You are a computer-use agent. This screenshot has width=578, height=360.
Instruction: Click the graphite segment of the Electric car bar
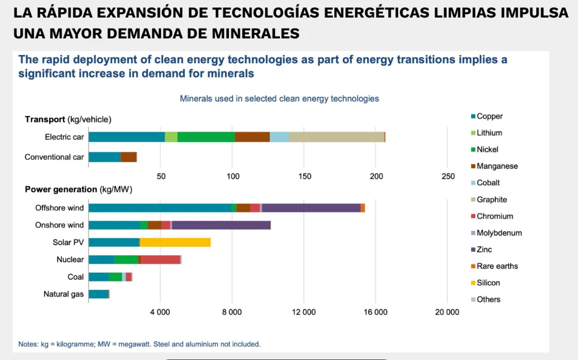337,137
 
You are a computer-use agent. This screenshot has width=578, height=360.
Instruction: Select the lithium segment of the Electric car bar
171,137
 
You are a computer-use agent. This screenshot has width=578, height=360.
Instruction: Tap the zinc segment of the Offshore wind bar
311,208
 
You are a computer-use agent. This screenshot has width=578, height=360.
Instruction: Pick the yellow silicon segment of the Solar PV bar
175,242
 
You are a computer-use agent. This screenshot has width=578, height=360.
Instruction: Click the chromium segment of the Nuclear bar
161,259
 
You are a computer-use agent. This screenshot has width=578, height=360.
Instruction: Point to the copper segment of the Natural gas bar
98,294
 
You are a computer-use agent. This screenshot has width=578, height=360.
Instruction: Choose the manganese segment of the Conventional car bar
128,157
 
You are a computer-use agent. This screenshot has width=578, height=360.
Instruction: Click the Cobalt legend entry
488,183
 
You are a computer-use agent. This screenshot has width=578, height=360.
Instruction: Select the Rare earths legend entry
497,266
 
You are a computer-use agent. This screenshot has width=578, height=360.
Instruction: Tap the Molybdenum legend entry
499,233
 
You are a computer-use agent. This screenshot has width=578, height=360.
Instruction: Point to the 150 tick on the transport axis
304,176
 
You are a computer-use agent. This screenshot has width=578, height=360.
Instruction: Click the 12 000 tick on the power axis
304,312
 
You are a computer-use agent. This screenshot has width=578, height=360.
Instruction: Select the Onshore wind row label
59,225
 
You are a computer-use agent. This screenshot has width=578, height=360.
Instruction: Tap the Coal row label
75,277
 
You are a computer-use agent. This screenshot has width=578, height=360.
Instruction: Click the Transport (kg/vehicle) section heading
68,119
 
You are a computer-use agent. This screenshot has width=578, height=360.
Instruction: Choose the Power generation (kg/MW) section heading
78,190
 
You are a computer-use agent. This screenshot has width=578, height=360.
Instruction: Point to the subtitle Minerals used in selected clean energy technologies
279,98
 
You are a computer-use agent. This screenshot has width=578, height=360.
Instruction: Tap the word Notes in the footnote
28,344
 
